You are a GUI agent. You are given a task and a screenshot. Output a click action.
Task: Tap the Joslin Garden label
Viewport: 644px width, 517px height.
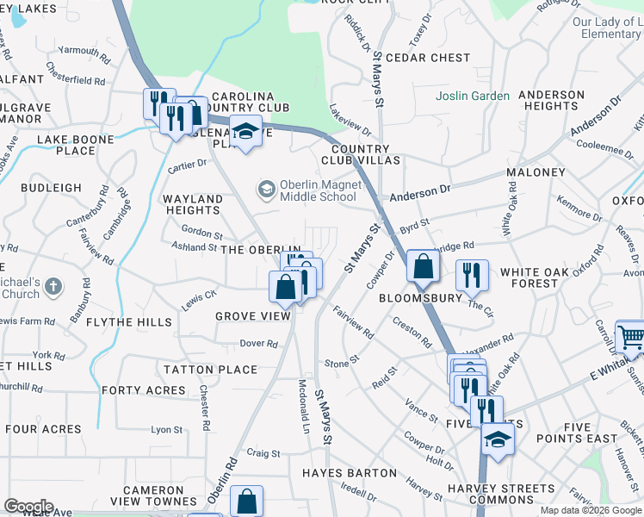[472, 96]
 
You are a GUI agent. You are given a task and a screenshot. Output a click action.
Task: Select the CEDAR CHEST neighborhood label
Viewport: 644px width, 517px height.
[428, 58]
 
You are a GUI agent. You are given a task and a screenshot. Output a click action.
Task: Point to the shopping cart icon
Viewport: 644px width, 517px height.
[630, 337]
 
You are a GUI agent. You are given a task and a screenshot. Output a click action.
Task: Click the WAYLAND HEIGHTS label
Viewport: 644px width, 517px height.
[192, 204]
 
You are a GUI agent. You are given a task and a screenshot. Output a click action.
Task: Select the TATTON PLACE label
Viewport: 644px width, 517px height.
[211, 370]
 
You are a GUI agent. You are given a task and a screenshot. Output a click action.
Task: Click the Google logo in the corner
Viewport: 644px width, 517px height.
[28, 507]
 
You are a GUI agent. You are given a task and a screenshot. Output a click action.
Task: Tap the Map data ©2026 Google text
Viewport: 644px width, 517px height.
[591, 510]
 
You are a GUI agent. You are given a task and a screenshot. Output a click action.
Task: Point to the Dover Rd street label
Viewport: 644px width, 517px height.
[258, 343]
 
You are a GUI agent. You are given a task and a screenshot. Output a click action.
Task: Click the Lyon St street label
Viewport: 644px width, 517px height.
[167, 429]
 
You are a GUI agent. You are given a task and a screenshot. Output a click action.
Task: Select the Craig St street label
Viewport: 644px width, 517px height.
[263, 453]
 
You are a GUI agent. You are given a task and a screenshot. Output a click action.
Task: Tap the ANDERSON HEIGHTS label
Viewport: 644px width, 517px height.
[550, 100]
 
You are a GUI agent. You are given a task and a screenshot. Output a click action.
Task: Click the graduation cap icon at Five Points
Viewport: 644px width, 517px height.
[497, 439]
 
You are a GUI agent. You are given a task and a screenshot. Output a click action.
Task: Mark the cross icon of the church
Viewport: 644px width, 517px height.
[53, 285]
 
